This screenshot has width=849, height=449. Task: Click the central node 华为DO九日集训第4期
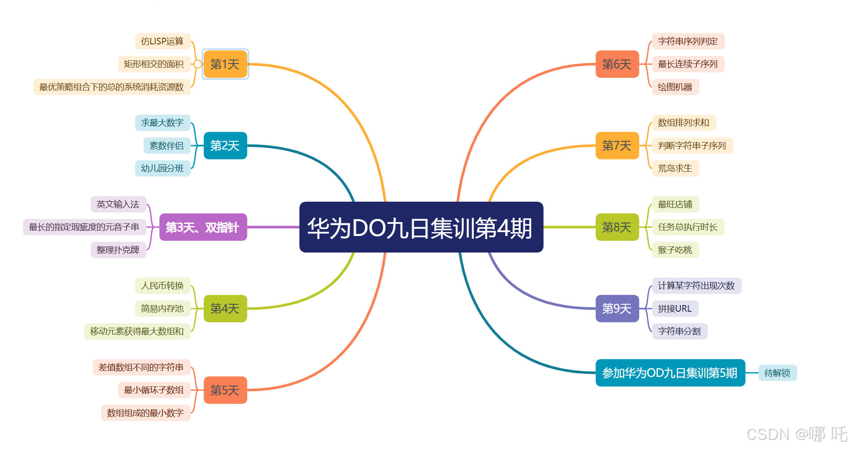421,227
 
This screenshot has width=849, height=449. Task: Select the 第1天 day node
225,64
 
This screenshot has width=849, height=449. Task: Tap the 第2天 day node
225,146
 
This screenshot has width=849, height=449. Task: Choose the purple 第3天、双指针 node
203,227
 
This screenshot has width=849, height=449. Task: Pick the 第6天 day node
617,64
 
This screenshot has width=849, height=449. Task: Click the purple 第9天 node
617,309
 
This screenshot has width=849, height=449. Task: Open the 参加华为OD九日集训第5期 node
670,373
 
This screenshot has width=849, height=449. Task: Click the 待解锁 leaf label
777,373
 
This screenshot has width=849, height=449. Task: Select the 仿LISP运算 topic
162,41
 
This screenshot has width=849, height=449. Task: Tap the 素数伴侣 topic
166,146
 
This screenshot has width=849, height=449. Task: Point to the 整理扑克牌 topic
118,250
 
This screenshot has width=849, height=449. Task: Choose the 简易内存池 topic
162,309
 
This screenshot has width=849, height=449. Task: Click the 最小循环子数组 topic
154,390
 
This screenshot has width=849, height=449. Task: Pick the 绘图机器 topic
675,87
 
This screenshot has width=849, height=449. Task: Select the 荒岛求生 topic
675,168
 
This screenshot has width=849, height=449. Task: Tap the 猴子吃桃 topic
675,250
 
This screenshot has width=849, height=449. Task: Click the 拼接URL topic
675,309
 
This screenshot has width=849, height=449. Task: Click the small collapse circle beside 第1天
198,64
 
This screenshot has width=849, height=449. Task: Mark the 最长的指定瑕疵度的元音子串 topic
84,227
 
